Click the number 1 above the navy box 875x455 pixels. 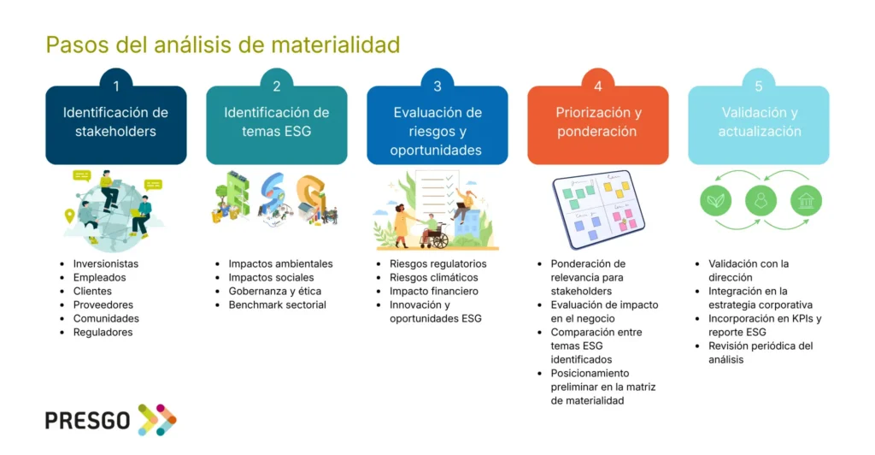click(x=116, y=86)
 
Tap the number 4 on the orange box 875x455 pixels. click(x=597, y=86)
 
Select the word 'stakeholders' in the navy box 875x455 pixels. click(x=115, y=131)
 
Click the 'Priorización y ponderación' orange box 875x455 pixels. click(x=597, y=125)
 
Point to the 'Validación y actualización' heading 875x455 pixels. click(x=759, y=121)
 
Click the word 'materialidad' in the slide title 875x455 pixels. click(x=336, y=44)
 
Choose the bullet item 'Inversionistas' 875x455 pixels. click(x=105, y=263)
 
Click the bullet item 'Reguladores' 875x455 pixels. click(x=103, y=332)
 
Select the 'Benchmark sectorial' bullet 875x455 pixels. click(x=278, y=304)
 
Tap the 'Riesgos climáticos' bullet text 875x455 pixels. click(x=433, y=277)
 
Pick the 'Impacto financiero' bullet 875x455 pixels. click(x=433, y=291)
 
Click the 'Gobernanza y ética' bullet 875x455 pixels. click(x=274, y=291)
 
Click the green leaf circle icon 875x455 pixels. click(x=715, y=200)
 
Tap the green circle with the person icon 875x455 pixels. click(x=760, y=200)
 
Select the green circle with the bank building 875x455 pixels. click(x=806, y=200)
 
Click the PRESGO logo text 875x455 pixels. click(x=88, y=421)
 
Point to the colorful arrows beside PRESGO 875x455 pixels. click(x=157, y=420)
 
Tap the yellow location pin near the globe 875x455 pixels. click(x=69, y=216)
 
